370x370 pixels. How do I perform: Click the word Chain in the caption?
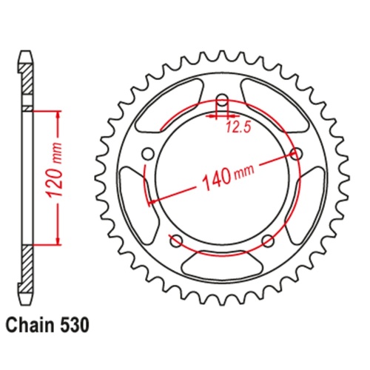[30, 324]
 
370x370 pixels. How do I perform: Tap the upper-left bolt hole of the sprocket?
[147, 154]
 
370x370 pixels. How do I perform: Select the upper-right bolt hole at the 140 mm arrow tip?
[299, 154]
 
